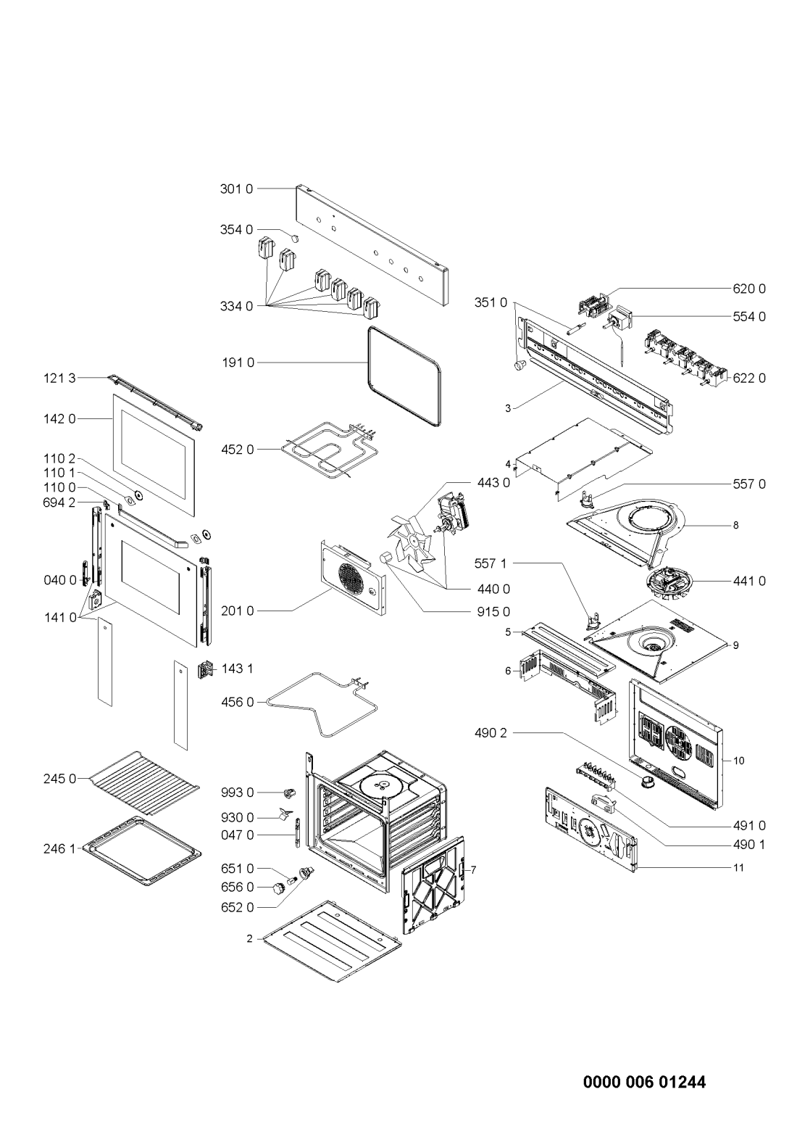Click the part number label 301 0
(236, 189)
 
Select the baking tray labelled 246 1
(143, 850)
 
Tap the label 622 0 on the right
(749, 378)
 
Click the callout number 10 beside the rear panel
(738, 761)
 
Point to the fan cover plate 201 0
(353, 577)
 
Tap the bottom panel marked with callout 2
(334, 940)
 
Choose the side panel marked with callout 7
(433, 888)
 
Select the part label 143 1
(238, 668)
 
